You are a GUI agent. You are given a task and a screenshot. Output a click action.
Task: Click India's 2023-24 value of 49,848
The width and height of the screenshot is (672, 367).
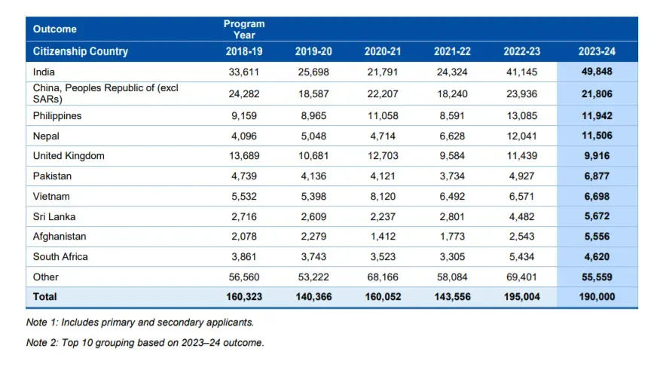597,72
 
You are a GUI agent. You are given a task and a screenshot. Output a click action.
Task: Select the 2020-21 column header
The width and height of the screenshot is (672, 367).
383,51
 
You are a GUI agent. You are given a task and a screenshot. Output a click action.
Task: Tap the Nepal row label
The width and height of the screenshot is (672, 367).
46,136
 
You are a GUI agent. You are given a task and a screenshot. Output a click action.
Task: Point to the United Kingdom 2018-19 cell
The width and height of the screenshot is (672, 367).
244,156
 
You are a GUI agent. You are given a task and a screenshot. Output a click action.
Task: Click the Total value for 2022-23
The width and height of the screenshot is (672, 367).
521,297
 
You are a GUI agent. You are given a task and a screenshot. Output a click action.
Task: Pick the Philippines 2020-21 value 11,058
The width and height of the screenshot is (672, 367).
383,116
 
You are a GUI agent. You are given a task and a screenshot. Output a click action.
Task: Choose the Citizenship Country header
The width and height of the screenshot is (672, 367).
81,51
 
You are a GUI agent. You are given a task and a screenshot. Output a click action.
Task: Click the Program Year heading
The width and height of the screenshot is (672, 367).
244,29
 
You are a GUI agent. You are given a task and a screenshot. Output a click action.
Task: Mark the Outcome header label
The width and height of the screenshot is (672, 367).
55,29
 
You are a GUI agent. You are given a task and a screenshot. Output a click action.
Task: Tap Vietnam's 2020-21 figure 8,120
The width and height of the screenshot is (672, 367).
383,197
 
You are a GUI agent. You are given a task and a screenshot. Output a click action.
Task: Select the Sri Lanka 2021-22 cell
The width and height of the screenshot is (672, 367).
452,216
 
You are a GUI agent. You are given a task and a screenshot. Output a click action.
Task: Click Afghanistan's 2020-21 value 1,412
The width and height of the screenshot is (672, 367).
383,236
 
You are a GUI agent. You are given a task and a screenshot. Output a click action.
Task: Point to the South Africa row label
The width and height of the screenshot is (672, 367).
60,256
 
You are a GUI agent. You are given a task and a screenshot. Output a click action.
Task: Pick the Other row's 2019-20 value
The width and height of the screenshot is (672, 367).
313,277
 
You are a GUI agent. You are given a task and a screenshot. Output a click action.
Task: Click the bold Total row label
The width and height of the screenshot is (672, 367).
44,297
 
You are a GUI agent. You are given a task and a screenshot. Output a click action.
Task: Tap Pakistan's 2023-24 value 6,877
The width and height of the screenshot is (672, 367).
597,176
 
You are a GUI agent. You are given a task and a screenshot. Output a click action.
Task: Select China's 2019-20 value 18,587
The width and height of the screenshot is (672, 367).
313,94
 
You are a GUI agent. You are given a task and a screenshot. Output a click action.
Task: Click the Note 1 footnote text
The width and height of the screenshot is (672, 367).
140,323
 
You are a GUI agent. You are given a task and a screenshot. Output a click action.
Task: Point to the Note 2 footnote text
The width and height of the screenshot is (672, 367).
145,343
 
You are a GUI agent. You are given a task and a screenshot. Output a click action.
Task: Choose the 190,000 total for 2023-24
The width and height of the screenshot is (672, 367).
597,297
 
